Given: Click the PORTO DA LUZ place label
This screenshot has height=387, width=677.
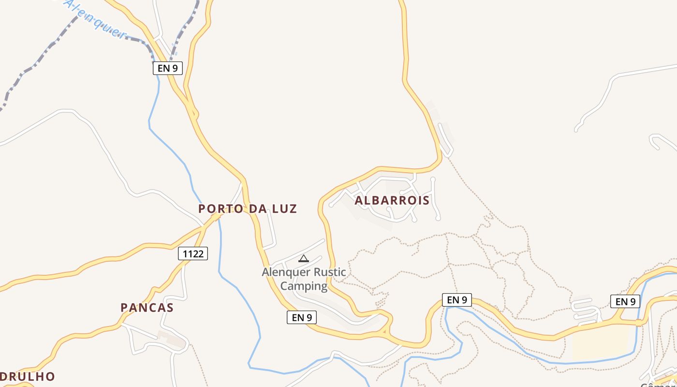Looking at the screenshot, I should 248,209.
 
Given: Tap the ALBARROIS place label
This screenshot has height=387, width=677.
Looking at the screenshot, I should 392,200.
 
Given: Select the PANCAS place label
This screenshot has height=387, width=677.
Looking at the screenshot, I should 147,308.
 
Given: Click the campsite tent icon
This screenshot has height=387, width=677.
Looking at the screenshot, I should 303,258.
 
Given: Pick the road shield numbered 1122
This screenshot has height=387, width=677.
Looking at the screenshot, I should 193,253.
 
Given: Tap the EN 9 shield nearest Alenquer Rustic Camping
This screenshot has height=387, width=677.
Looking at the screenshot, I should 302,317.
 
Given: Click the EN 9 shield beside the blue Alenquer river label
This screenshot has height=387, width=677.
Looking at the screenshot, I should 167,68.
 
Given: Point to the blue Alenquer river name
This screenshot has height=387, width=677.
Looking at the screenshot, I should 94,18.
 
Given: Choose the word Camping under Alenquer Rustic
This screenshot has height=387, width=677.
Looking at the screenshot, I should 304,286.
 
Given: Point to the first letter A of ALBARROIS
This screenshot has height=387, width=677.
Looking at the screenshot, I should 359,200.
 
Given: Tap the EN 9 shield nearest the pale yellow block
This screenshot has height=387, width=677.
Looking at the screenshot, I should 625,302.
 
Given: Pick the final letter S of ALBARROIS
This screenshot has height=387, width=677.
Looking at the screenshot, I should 426,200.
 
